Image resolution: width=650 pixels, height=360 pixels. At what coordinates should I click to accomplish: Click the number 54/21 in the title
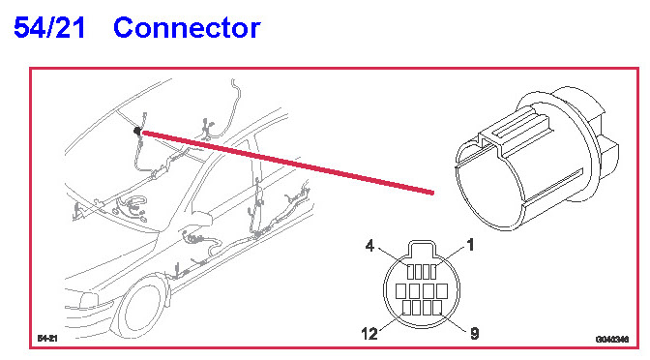(49, 28)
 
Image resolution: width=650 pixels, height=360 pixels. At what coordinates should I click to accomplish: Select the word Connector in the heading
(187, 28)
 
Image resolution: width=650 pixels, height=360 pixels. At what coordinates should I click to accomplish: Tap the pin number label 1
(470, 245)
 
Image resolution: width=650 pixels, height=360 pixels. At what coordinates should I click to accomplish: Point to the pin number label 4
(369, 246)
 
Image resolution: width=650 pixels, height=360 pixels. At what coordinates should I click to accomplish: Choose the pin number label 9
(475, 334)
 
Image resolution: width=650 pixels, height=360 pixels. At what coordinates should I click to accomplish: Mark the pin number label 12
(369, 334)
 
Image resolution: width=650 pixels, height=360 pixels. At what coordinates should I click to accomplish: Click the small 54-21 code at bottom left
(47, 338)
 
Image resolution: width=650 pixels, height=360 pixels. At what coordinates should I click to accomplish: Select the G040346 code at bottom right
(612, 340)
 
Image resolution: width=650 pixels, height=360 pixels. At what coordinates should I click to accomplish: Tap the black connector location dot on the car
(136, 131)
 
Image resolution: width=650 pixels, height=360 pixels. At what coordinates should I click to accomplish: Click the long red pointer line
(287, 163)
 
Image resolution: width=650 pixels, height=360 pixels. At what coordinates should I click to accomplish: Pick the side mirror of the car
(200, 219)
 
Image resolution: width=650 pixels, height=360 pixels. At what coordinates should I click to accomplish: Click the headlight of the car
(88, 300)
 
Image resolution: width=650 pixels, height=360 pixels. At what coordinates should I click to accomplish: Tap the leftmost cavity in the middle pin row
(400, 291)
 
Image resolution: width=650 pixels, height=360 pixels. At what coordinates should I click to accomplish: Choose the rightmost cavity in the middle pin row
(442, 291)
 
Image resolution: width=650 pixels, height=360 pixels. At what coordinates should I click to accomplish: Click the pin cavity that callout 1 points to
(433, 272)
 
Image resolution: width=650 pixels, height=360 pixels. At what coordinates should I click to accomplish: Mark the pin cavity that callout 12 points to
(406, 308)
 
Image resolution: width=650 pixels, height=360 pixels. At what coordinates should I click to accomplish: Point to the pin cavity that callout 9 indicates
(437, 308)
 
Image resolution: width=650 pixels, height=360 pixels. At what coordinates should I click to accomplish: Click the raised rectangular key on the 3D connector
(517, 128)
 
